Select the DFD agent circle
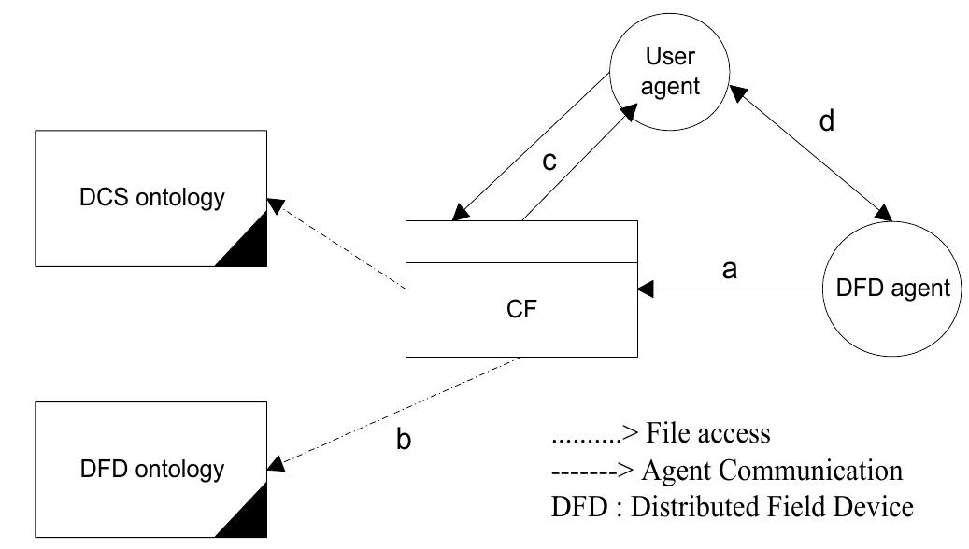point(891,290)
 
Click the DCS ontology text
point(151,197)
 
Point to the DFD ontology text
point(151,467)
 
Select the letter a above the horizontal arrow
point(732,270)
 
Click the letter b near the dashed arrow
point(404,440)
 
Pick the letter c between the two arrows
point(549,161)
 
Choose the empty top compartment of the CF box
point(522,242)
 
